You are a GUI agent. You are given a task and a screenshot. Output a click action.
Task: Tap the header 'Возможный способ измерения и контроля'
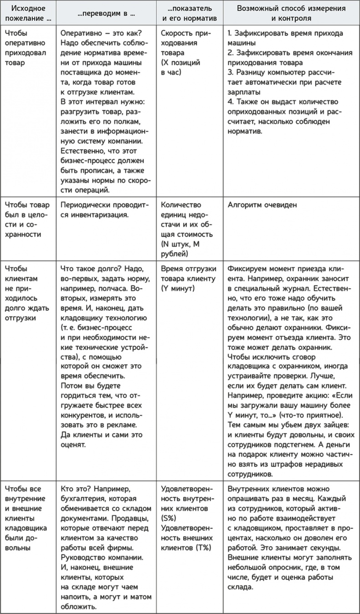[x=291, y=14]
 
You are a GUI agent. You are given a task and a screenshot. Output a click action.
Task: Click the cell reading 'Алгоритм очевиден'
[x=262, y=205]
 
